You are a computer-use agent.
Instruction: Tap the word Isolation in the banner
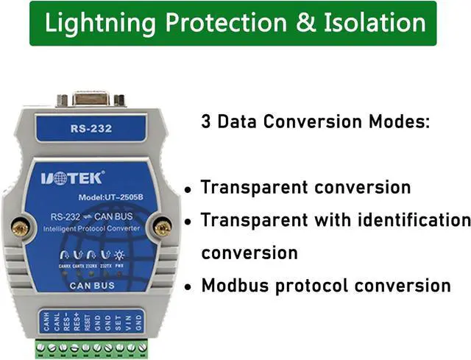(x=375, y=23)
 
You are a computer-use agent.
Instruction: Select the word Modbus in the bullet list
(x=235, y=285)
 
